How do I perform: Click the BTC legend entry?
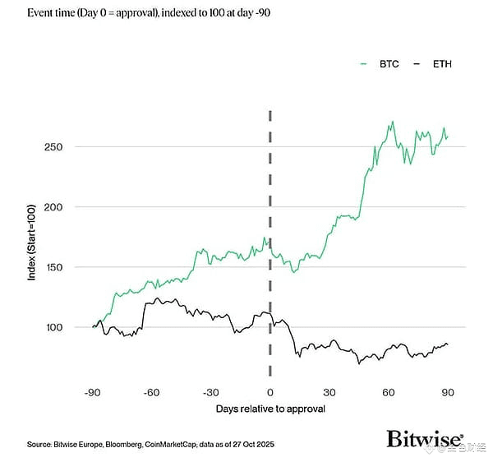[388, 64]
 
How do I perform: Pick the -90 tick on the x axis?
[92, 392]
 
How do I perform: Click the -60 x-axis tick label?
[151, 392]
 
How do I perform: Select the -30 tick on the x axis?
[210, 392]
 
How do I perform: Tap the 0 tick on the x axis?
[270, 392]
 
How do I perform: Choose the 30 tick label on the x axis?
[329, 392]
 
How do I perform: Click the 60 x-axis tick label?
[389, 392]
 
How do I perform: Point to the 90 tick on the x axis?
[448, 392]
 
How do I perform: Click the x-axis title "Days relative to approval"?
[270, 409]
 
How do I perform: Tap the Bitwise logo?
[425, 439]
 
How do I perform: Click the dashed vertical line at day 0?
[270, 206]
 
